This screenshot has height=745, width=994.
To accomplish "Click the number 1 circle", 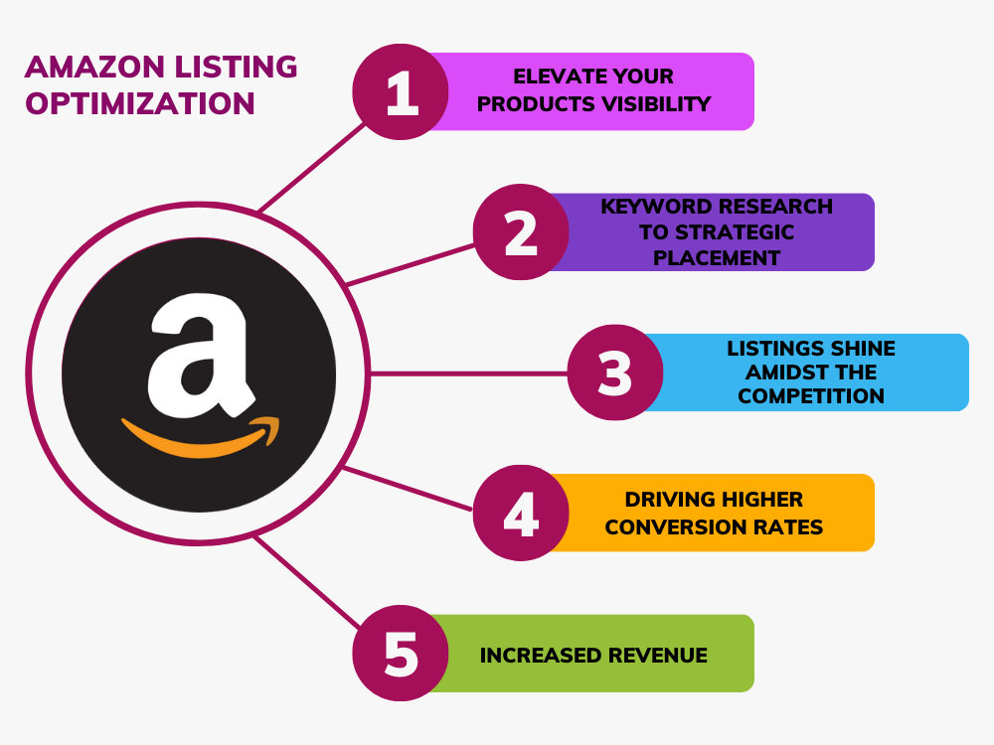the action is click(401, 91).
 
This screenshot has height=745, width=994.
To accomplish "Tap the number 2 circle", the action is click(521, 231).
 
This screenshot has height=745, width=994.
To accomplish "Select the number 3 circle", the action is click(615, 372).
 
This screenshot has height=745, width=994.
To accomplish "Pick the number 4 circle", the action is click(521, 513).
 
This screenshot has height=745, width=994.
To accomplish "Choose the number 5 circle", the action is click(401, 654).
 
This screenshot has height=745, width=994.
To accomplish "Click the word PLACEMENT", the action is click(717, 258).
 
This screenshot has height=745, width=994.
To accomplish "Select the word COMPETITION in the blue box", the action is click(811, 396).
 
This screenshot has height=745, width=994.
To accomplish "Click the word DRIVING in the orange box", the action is click(662, 500).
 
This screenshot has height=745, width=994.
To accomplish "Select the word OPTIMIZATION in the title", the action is click(140, 104).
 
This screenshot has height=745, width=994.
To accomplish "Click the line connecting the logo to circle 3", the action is click(468, 373).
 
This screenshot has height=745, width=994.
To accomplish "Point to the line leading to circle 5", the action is click(307, 582).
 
